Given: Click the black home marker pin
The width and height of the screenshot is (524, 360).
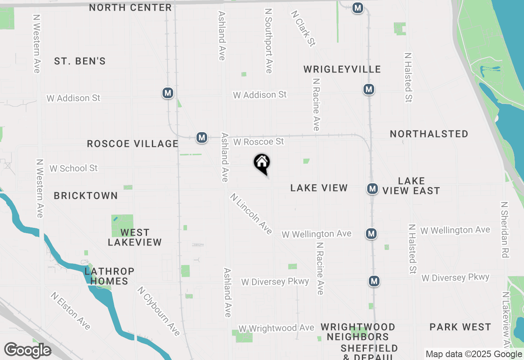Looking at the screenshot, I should [x=262, y=164].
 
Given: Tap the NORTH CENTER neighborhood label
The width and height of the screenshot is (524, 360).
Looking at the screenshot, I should [x=130, y=7].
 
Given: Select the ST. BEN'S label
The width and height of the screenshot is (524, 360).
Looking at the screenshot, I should [x=80, y=61].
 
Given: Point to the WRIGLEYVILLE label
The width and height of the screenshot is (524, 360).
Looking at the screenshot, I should [x=342, y=69].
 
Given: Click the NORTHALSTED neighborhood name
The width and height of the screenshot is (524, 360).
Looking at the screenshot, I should [x=429, y=134].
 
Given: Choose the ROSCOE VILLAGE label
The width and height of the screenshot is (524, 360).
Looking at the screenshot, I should [x=133, y=144].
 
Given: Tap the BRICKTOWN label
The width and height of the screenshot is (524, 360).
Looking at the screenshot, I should [x=86, y=196].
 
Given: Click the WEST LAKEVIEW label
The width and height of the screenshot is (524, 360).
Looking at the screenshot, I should [x=135, y=237].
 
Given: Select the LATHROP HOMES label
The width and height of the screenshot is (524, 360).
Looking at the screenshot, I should [x=109, y=276].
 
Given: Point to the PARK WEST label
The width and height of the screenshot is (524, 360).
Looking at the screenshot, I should [x=460, y=327].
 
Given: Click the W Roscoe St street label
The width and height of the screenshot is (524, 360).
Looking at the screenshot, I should [x=258, y=142].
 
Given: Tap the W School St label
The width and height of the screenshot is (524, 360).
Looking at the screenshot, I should [x=74, y=168].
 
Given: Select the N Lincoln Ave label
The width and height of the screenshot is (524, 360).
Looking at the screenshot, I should [x=251, y=214].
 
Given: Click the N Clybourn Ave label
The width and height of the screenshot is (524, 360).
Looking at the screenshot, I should [x=159, y=311].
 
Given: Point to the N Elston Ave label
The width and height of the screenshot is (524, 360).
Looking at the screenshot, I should [x=71, y=310].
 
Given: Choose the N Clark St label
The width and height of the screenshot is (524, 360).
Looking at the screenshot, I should [x=303, y=28].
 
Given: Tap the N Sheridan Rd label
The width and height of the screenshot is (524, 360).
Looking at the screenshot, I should [x=504, y=229].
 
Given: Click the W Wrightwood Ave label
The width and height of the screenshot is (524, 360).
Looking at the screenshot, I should [x=276, y=328].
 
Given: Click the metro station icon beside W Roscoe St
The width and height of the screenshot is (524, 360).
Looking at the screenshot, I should [x=201, y=137].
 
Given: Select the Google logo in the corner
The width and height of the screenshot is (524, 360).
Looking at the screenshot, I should [x=27, y=350].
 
